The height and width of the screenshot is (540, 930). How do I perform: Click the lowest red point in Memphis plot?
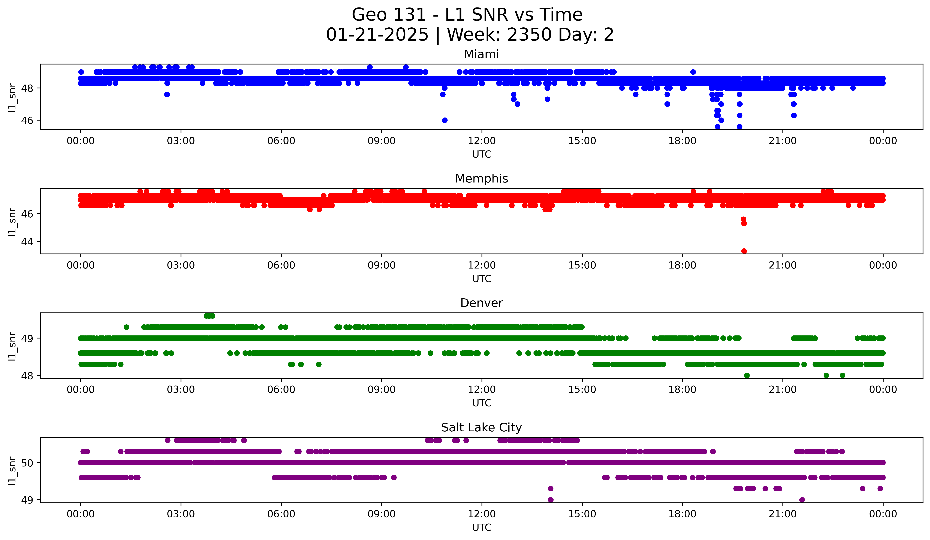[x=744, y=251]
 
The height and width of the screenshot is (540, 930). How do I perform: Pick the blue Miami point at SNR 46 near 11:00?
[x=445, y=120]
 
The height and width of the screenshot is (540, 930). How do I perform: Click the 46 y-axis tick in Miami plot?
[x=27, y=120]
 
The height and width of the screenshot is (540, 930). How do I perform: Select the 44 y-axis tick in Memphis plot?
[x=27, y=241]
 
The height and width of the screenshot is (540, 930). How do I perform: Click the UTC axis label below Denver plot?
[x=482, y=403]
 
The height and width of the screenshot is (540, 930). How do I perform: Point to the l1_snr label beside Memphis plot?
[x=12, y=221]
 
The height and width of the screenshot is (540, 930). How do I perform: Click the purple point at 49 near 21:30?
[x=802, y=500]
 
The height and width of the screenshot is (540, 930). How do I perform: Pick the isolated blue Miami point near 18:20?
[x=693, y=72]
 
